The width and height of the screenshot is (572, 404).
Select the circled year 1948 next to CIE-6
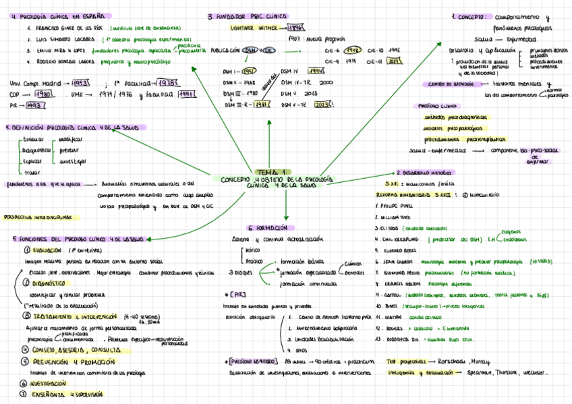pos(351,50)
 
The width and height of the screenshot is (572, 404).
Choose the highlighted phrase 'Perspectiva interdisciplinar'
pos(38,217)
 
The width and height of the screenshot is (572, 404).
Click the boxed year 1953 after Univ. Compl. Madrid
pos(80,83)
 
